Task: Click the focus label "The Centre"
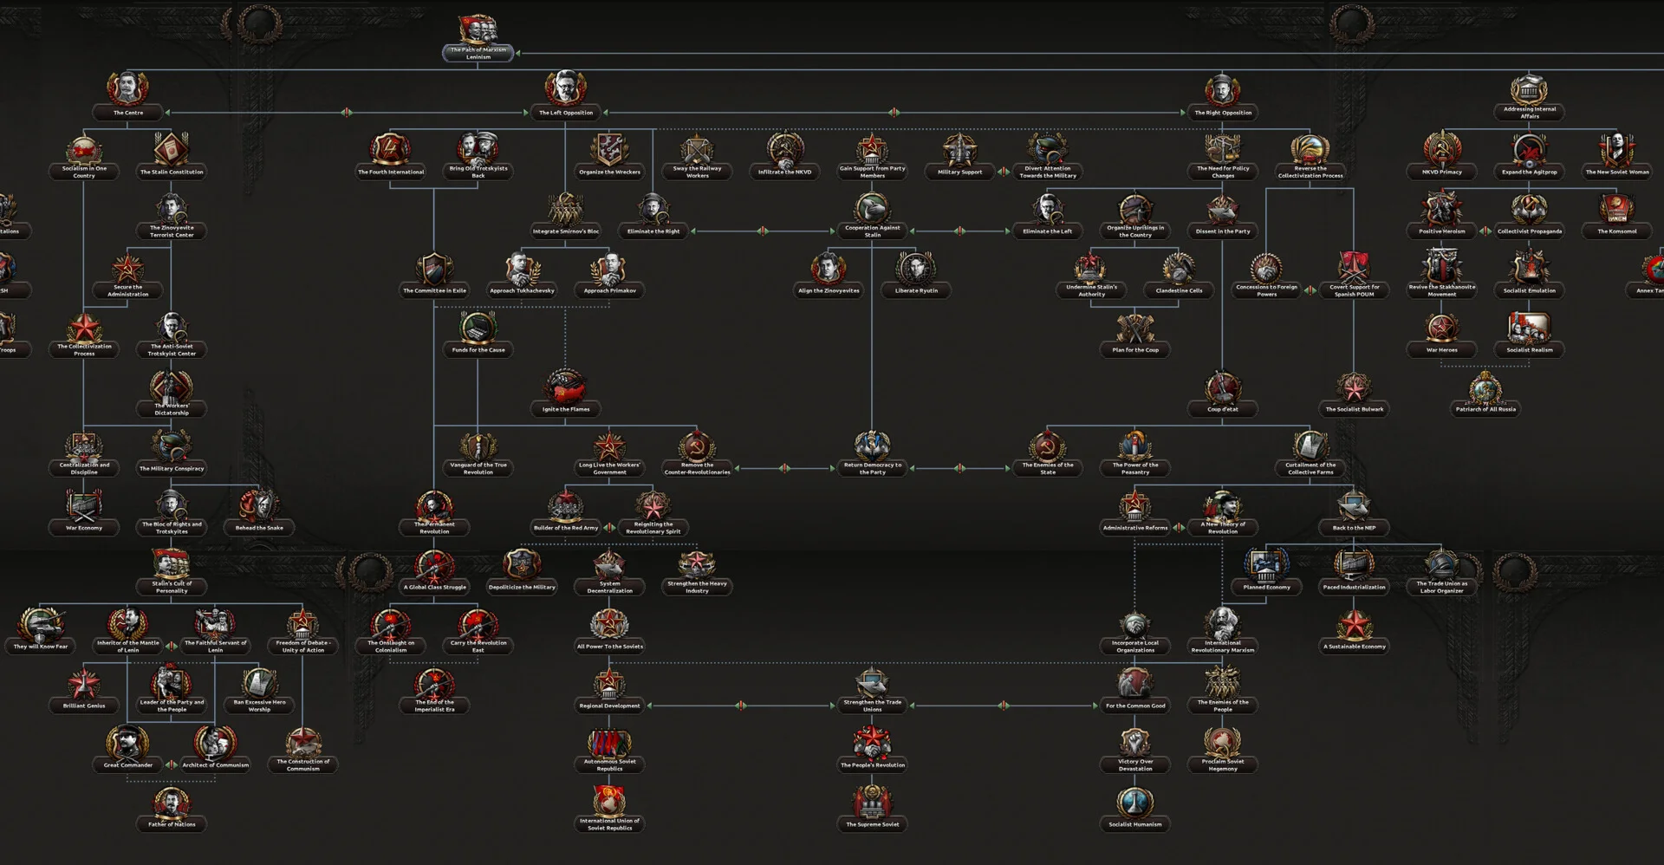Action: pos(128,113)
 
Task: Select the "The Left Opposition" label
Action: pos(566,113)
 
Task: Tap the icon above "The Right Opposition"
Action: pos(1222,90)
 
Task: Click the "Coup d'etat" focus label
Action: pos(1222,409)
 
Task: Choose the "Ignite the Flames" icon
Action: pos(566,387)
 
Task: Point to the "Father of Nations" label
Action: pos(172,824)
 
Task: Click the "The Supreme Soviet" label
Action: pos(872,824)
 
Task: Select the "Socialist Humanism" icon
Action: pos(1134,802)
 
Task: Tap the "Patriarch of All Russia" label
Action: pos(1485,409)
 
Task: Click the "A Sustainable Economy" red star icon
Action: pos(1354,624)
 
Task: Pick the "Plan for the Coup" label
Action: pos(1134,350)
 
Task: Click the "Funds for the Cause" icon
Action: pos(478,328)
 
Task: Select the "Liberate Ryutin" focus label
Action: pos(916,290)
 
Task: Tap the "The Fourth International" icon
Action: pos(391,149)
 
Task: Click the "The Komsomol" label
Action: pos(1616,231)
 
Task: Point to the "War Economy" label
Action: pos(84,528)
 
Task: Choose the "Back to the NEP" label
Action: pos(1354,528)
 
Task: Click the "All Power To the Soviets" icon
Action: pos(609,624)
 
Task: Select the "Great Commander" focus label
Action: pos(128,765)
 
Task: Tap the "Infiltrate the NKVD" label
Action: pos(784,172)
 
